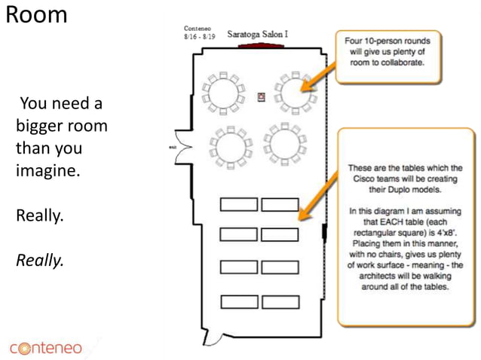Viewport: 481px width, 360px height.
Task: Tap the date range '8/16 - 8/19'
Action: coord(200,35)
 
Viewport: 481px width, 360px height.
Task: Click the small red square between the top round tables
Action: coord(262,96)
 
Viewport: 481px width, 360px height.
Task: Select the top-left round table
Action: coord(225,93)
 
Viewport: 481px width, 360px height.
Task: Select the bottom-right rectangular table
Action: coord(280,302)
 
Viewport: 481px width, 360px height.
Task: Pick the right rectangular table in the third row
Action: coord(280,267)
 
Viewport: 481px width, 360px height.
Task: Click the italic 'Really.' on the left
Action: coord(40,261)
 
